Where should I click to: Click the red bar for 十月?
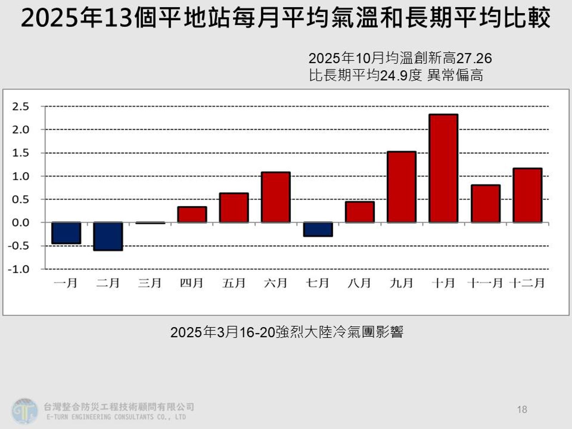tap(443, 168)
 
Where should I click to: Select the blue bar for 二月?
tap(108, 236)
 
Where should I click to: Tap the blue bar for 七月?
tap(318, 229)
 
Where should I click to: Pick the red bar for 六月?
tap(276, 197)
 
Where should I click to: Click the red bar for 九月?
tap(401, 187)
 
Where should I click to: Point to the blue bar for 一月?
tap(66, 233)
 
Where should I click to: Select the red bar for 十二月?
tap(527, 195)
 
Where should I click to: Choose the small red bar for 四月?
tap(192, 214)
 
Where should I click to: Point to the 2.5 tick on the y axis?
tap(20, 107)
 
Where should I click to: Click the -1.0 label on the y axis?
tap(19, 269)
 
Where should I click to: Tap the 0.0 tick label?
tap(20, 223)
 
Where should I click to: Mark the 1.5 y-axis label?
tap(20, 153)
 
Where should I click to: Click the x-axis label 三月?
tap(150, 283)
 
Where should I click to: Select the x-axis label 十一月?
tap(485, 283)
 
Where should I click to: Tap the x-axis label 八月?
tap(359, 283)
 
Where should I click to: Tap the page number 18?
tap(522, 409)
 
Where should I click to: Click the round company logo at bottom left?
tap(24, 411)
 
